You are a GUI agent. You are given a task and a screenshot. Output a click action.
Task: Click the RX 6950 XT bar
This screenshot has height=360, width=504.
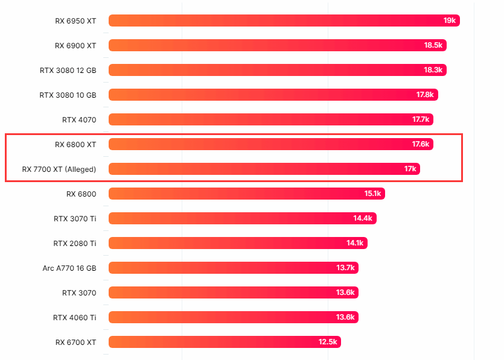click(x=284, y=21)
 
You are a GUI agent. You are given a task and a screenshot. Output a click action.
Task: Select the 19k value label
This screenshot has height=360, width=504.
click(x=450, y=21)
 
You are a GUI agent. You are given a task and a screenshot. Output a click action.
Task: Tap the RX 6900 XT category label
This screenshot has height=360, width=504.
click(x=75, y=45)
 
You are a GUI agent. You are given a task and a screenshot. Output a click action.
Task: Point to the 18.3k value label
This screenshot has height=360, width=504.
click(x=433, y=70)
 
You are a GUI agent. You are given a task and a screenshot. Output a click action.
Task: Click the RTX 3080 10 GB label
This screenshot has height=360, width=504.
click(x=68, y=95)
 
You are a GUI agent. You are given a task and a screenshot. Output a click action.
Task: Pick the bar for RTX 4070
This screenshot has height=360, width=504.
click(x=270, y=119)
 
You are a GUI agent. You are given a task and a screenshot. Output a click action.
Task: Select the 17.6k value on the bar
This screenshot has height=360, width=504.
click(x=421, y=144)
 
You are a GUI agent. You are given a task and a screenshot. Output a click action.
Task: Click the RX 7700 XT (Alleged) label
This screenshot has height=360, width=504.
click(x=59, y=169)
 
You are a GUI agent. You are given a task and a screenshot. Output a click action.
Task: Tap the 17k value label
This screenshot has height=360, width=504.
click(x=410, y=169)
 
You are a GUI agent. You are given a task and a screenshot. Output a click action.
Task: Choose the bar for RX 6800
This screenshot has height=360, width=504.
click(x=246, y=194)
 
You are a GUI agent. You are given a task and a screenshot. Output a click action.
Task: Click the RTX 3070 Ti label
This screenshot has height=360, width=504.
click(x=75, y=218)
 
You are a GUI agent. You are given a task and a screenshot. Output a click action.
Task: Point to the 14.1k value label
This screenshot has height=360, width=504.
click(x=355, y=243)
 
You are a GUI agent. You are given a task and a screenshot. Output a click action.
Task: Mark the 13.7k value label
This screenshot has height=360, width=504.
click(x=346, y=268)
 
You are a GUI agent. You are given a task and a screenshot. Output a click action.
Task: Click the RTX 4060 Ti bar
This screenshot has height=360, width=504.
click(x=233, y=317)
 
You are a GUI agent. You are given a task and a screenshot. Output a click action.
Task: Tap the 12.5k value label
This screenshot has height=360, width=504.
click(x=328, y=342)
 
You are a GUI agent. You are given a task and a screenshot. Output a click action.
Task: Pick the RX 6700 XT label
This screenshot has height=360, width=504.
click(x=75, y=342)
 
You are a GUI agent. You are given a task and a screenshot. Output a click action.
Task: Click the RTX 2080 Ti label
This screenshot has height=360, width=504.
click(x=75, y=243)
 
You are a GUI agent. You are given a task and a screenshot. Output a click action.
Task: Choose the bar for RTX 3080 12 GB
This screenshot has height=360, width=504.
click(x=277, y=70)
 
